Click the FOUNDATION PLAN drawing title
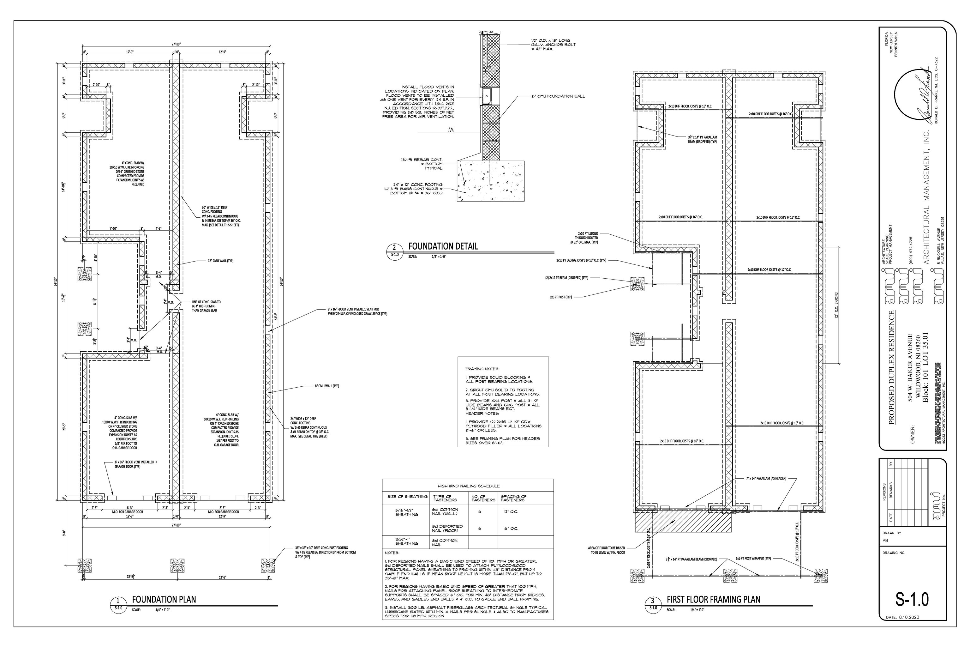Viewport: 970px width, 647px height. (x=164, y=599)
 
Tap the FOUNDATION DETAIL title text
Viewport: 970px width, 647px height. (x=443, y=246)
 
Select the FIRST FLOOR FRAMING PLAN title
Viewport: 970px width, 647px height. (x=714, y=599)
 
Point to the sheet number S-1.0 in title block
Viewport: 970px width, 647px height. (x=912, y=599)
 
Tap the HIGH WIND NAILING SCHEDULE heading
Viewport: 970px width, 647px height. (x=467, y=486)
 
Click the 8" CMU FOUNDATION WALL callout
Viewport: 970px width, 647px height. (x=558, y=96)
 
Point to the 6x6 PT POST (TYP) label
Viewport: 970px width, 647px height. (x=563, y=297)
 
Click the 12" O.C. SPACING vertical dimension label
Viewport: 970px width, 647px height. (x=836, y=305)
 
